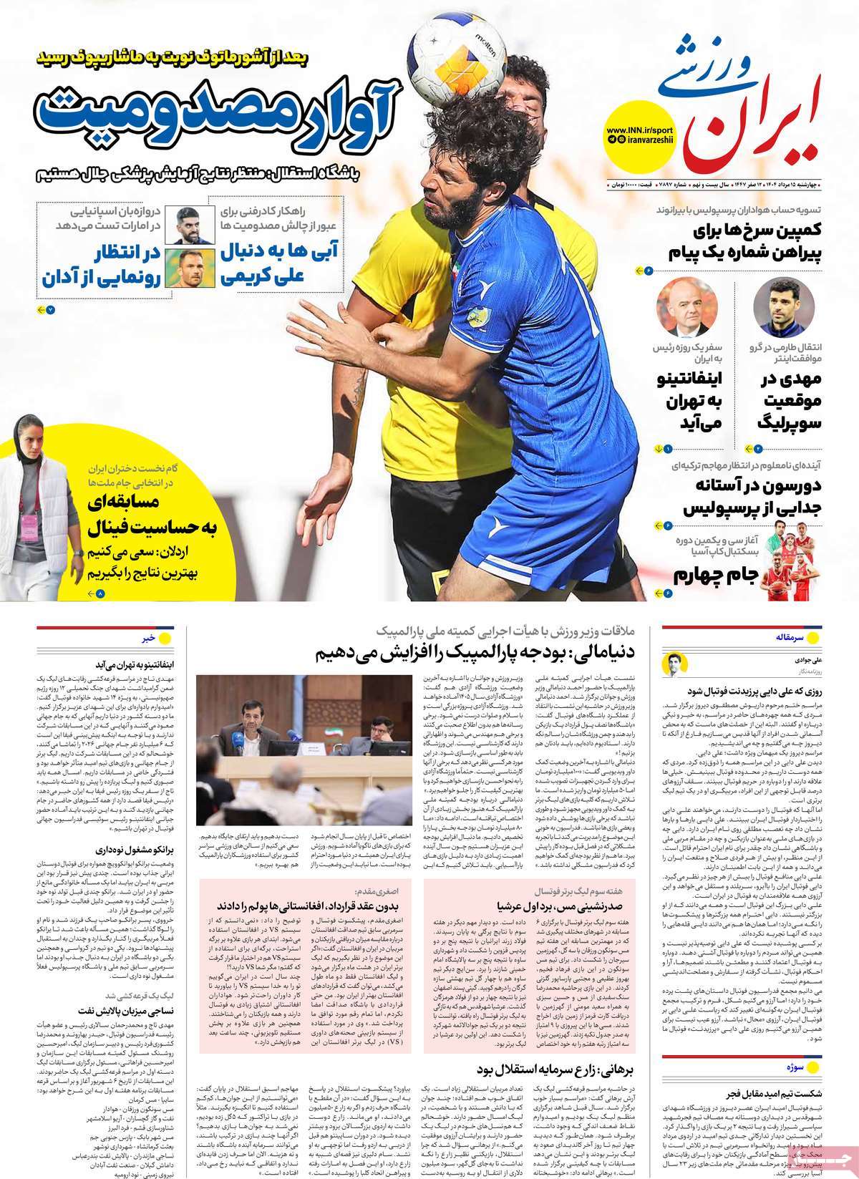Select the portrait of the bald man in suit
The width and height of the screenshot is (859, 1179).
tap(677, 307)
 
